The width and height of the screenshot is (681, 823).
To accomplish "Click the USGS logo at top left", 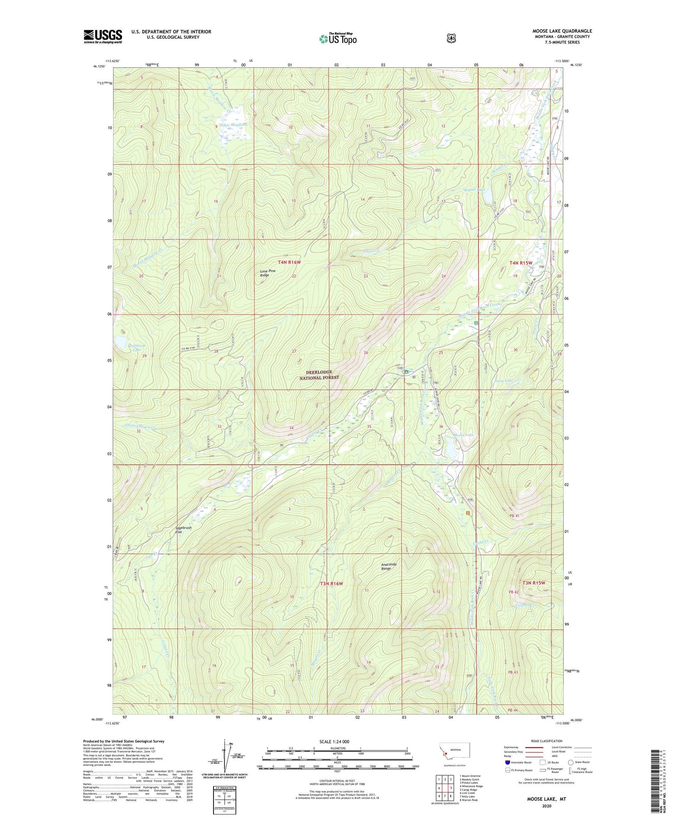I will [x=103, y=36].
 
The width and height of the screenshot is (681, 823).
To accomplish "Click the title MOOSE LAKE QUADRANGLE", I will [x=562, y=31].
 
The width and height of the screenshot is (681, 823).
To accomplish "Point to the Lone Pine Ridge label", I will [x=268, y=273].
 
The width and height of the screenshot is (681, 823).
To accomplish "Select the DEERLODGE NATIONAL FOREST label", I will [x=320, y=375].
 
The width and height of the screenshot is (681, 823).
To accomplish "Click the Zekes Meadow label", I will [x=233, y=124].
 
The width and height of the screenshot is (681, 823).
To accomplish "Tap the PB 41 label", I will [x=514, y=516].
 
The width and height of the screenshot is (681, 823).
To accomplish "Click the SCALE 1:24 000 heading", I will [x=334, y=741].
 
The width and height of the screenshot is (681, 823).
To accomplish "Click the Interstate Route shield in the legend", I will [x=507, y=762].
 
